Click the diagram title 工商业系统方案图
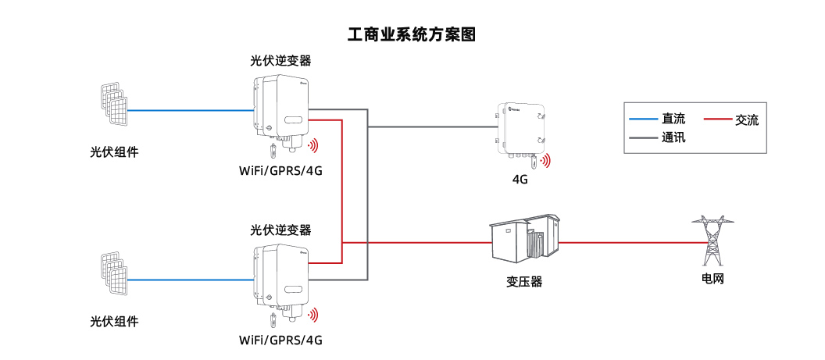point(412,34)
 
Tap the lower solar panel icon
point(113,273)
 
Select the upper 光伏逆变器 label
point(280,60)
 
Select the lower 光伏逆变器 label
point(280,230)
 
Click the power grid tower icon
point(712,241)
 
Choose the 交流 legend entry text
point(747,119)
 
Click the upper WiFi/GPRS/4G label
point(280,171)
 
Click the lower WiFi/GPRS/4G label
point(280,340)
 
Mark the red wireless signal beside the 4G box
point(545,161)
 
